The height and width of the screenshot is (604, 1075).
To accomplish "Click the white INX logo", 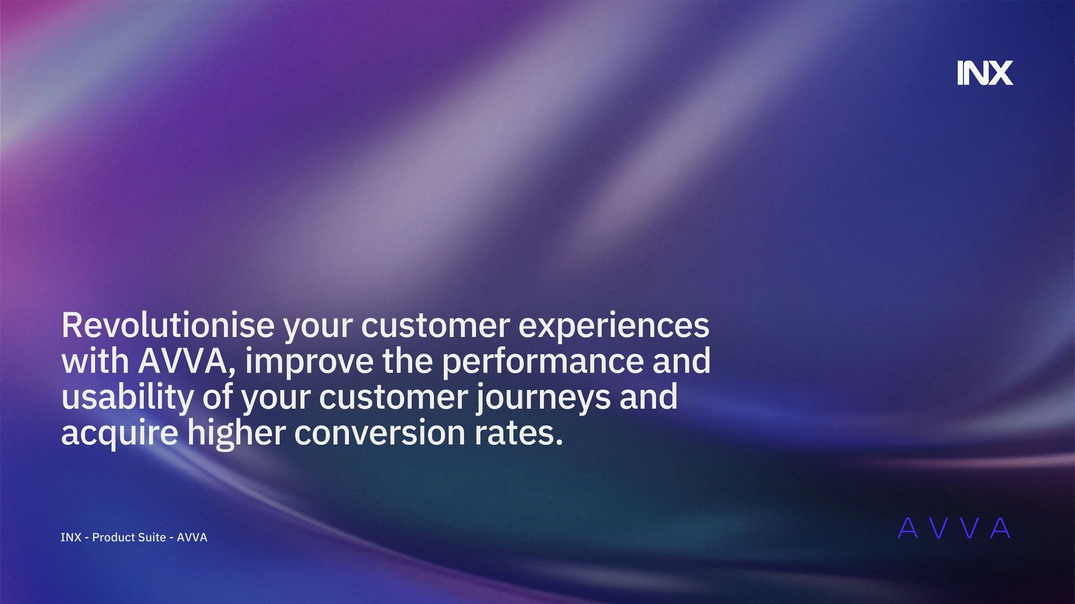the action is [x=985, y=73].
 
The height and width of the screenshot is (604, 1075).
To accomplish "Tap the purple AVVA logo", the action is [x=954, y=528].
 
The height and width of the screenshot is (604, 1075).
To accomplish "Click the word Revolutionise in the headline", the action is [x=168, y=326].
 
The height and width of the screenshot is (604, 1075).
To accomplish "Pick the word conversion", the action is [x=380, y=433].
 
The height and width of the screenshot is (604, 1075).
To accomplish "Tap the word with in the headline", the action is [x=95, y=361].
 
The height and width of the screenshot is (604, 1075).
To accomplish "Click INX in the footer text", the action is [x=71, y=537].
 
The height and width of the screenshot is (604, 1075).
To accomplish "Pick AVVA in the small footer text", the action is [x=192, y=537].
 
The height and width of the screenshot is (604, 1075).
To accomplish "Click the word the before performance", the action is [x=408, y=361].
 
